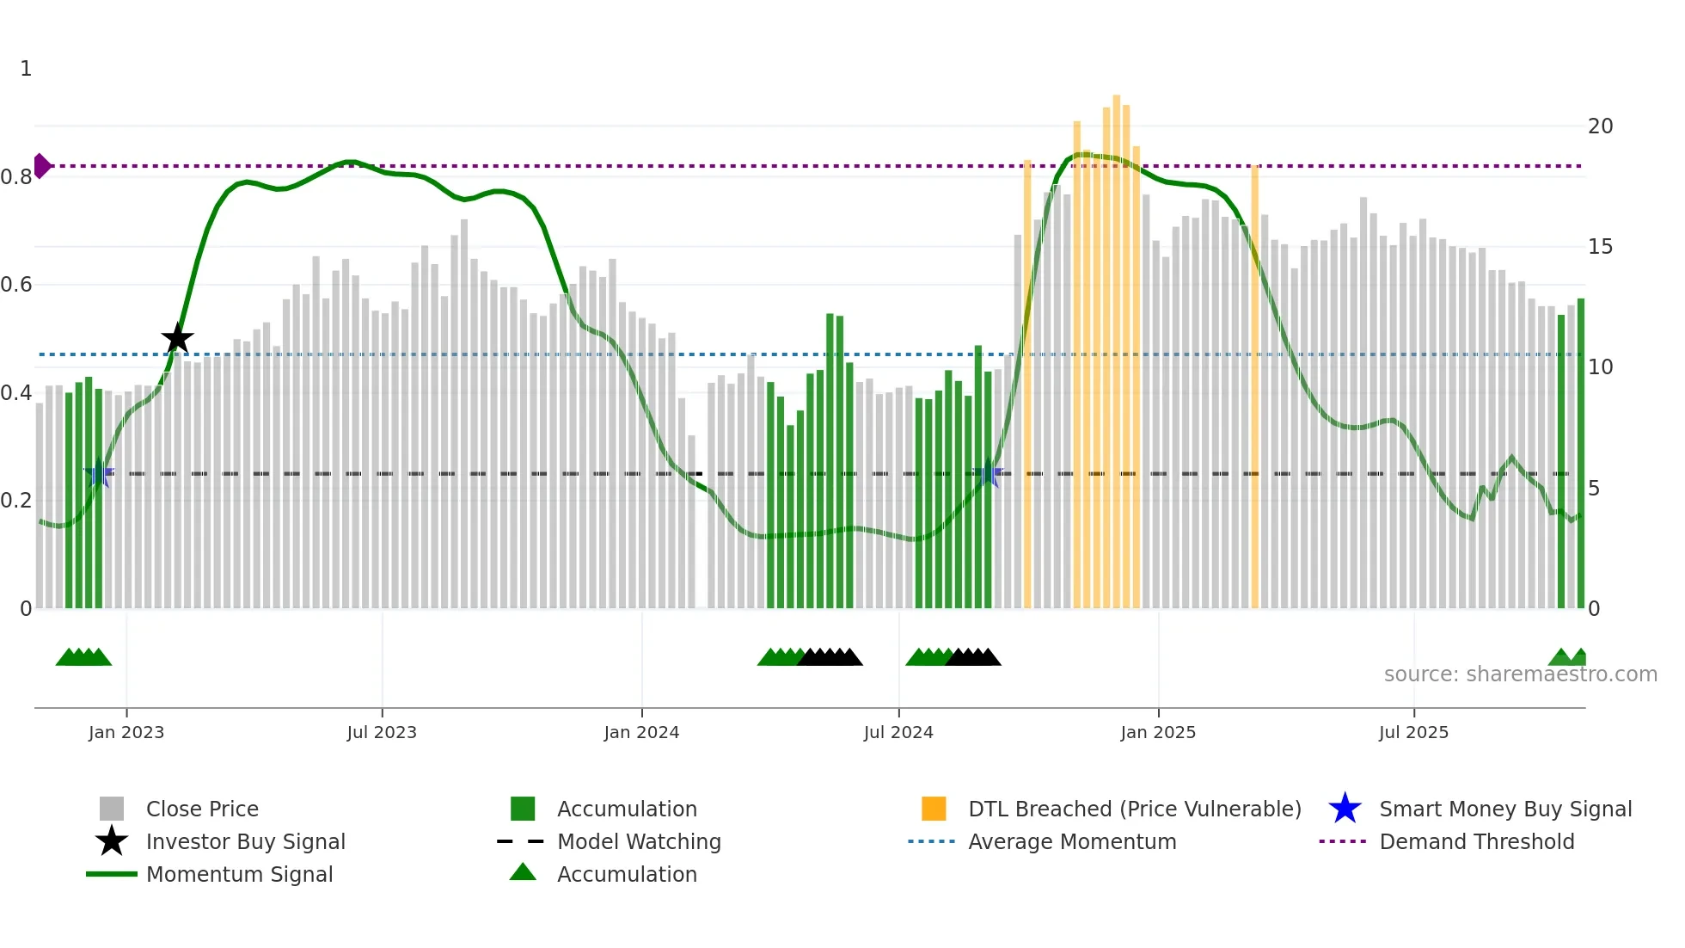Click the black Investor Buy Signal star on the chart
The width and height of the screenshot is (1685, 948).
click(177, 338)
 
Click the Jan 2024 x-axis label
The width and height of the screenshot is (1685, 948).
click(641, 732)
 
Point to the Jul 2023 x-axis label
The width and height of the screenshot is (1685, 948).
click(382, 732)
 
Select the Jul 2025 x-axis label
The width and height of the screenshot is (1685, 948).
click(1413, 732)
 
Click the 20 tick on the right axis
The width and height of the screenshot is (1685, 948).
click(1600, 126)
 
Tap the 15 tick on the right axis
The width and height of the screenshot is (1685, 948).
click(1600, 247)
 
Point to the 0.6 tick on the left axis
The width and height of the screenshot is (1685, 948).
click(17, 285)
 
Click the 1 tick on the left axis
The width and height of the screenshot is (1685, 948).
click(26, 69)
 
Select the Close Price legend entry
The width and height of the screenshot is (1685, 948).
click(201, 809)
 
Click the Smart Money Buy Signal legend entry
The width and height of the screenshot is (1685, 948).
click(1504, 809)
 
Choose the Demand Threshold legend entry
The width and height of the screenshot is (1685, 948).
click(1476, 841)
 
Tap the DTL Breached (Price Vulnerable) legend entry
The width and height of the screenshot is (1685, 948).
click(1134, 809)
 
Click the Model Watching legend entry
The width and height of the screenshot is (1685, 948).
click(638, 841)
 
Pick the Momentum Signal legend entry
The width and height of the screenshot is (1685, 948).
click(239, 874)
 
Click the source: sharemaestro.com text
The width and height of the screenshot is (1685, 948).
click(1520, 674)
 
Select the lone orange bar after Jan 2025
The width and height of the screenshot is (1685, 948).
click(1254, 387)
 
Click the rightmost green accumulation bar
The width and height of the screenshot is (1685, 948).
click(1580, 456)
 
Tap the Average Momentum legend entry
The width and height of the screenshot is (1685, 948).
click(1071, 841)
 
